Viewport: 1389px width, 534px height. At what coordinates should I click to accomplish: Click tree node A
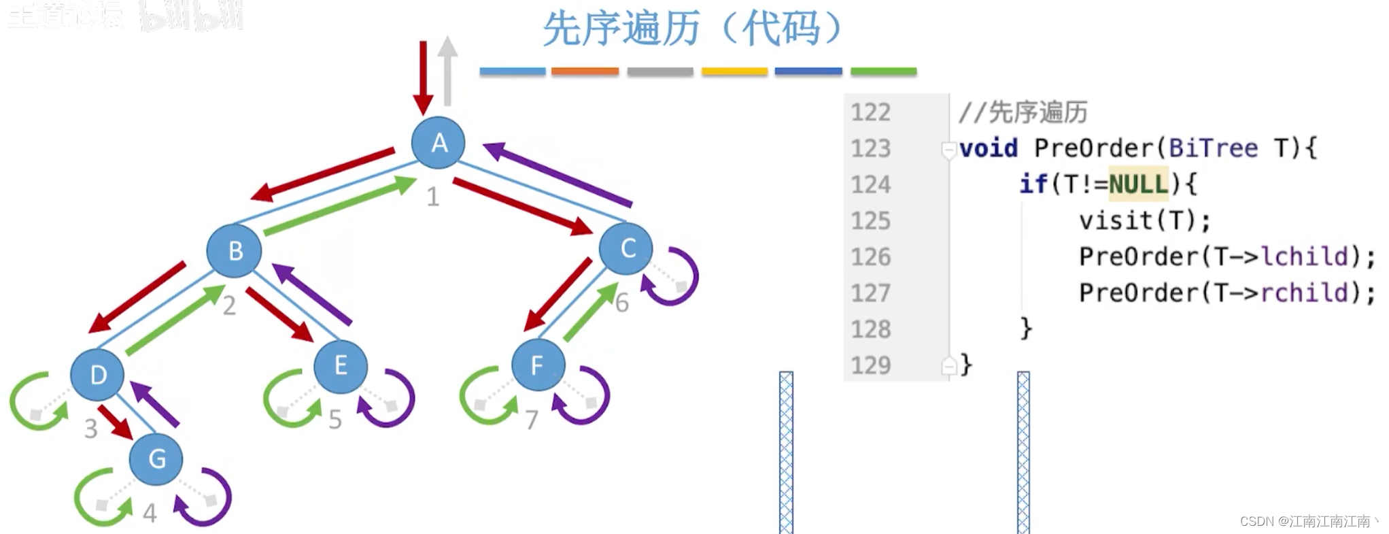[439, 143]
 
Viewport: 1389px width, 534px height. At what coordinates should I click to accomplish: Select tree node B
[235, 251]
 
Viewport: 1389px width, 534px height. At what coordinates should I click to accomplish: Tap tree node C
[626, 248]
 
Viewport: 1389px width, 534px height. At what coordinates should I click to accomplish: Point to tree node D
[98, 375]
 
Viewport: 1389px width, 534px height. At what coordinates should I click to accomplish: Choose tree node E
[341, 367]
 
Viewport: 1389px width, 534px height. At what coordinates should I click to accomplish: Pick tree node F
[538, 365]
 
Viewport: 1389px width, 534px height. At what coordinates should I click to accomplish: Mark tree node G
[156, 458]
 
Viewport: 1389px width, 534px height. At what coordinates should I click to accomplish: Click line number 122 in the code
[870, 112]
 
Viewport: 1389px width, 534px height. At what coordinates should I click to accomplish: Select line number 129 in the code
[870, 365]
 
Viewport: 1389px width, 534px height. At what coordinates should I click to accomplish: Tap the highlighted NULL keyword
[1138, 184]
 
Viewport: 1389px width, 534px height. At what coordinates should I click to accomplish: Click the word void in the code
[989, 148]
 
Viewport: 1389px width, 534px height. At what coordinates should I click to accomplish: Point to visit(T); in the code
[1144, 220]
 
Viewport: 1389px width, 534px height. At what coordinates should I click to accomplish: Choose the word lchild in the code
[1305, 256]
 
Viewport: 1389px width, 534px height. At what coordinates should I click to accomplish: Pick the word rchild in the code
[1305, 293]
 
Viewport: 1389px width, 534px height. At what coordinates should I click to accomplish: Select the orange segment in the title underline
[585, 71]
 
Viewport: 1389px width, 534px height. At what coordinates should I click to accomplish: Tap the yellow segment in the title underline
[734, 71]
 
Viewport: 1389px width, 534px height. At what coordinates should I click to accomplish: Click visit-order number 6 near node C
[621, 303]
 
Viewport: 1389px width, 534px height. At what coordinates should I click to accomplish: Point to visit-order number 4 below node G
[150, 513]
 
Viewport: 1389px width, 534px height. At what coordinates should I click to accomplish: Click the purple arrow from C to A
[558, 175]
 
